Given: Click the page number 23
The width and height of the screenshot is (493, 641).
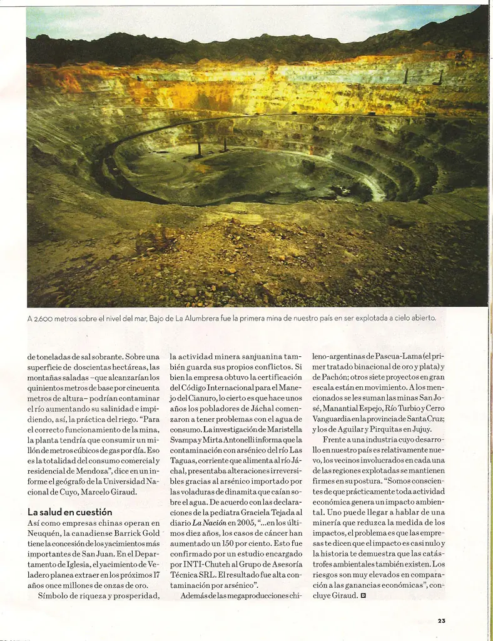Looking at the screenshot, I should tap(442, 621).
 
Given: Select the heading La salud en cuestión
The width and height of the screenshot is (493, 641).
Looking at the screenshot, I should tap(69, 511).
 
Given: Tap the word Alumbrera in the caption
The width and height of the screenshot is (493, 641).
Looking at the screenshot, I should tap(205, 318).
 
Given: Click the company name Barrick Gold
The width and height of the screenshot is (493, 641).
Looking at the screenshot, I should tap(139, 533).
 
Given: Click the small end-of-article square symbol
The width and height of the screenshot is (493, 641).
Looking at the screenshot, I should tap(363, 596).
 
